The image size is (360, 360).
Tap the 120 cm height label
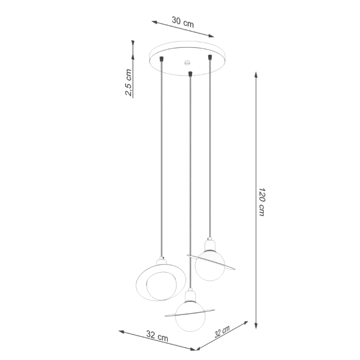262,201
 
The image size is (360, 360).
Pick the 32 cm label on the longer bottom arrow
157,334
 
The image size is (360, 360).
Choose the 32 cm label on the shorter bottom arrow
222,332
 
